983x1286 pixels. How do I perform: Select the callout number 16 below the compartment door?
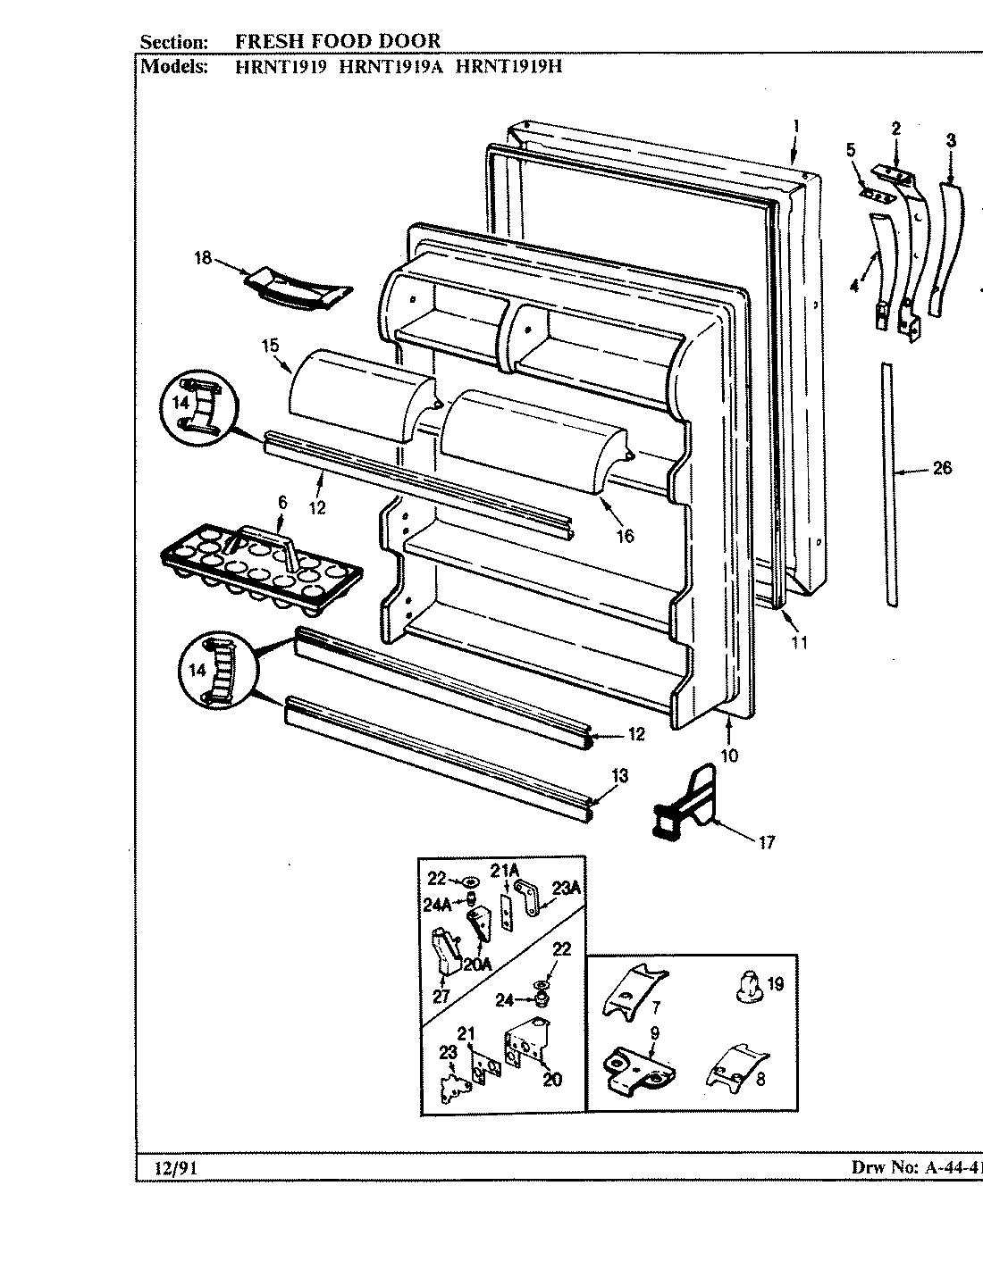click(624, 535)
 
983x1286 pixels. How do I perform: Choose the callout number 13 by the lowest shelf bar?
click(618, 776)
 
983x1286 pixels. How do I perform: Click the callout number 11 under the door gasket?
click(798, 641)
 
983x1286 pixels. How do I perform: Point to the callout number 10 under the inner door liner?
click(729, 755)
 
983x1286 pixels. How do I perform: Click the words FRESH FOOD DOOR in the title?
click(337, 41)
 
